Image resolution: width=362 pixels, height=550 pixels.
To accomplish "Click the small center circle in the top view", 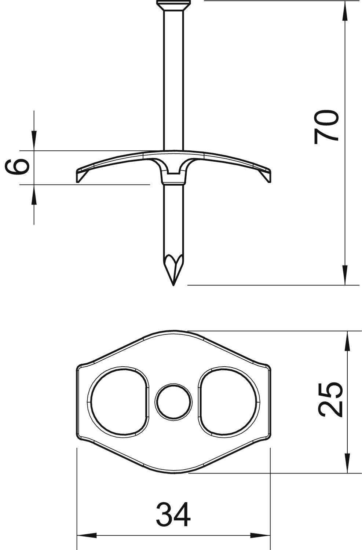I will [173, 402].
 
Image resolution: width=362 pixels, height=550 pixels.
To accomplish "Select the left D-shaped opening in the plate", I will [118, 402].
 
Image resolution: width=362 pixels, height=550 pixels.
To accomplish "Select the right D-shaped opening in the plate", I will [229, 402].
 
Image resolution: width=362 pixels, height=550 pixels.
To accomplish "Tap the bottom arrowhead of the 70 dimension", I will [345, 275].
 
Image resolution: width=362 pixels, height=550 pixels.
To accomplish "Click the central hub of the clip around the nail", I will [173, 172].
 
